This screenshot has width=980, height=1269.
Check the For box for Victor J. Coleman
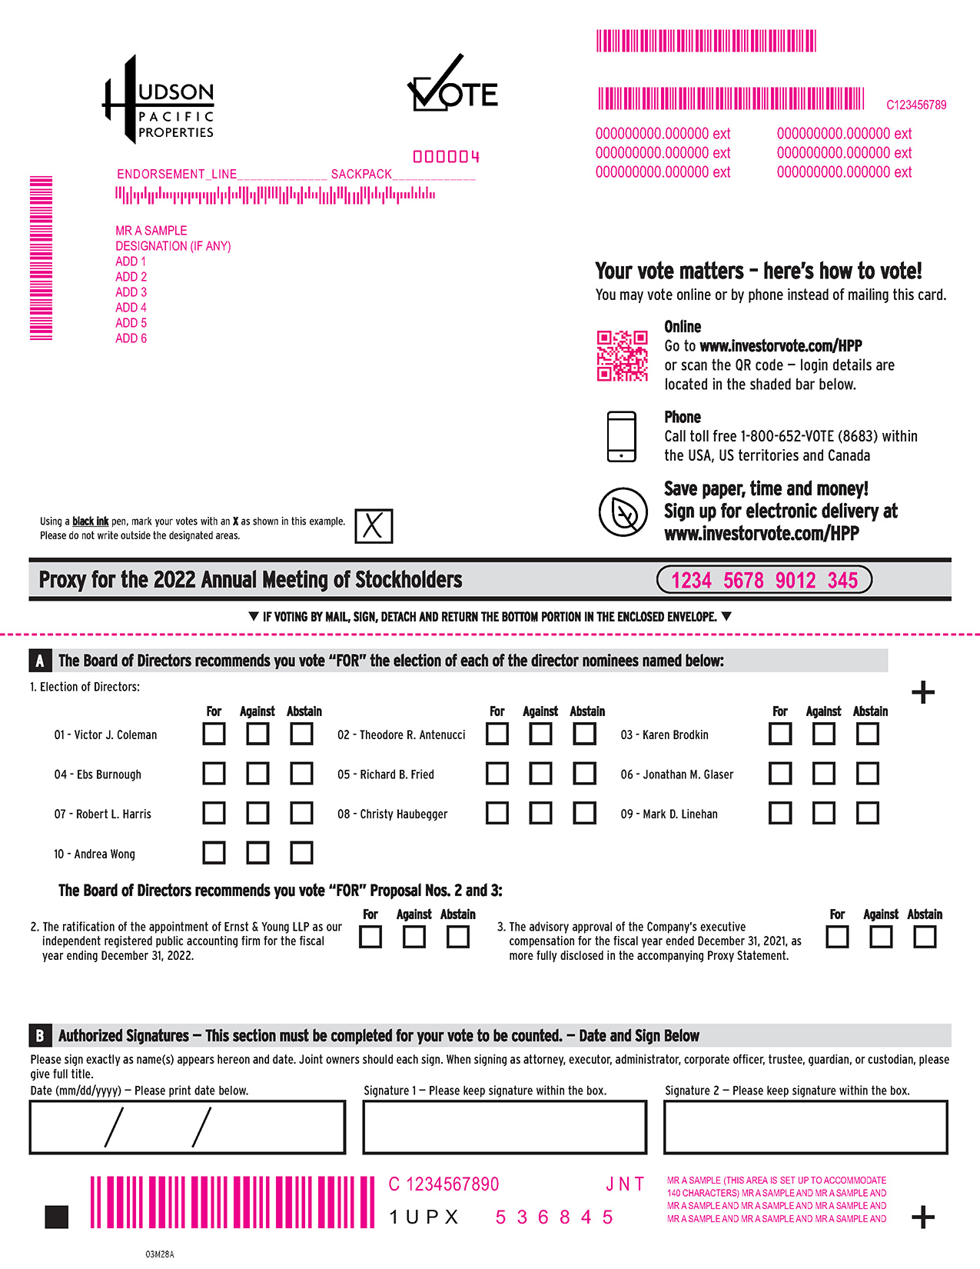coord(214,734)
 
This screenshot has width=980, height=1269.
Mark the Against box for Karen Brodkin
coord(824,734)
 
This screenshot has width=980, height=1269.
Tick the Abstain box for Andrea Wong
coord(301,852)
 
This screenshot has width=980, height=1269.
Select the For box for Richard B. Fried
coord(497,773)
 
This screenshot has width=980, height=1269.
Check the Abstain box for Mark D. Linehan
coord(868,813)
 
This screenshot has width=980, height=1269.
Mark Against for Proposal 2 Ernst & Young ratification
coord(414,937)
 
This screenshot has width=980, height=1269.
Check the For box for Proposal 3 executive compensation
coord(837,937)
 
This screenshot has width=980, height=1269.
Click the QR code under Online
coord(623,356)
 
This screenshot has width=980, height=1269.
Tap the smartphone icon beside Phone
coord(622,436)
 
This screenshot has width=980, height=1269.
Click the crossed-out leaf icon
coord(623,511)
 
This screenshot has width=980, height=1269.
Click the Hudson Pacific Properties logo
coord(159,101)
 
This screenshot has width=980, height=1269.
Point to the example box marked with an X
coord(374,526)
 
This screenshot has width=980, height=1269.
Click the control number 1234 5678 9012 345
coord(764,580)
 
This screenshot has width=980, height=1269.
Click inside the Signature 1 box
coord(504,1127)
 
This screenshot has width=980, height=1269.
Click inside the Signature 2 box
coord(806,1127)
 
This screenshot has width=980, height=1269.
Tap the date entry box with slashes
coord(187,1127)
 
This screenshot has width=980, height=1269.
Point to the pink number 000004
coord(446,157)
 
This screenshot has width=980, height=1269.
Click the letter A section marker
coord(39,661)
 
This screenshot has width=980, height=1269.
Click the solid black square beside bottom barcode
coord(57,1217)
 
